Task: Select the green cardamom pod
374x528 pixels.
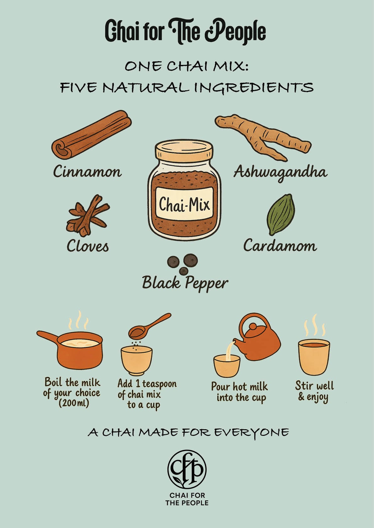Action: tap(281, 214)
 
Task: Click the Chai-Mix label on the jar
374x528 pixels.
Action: tap(184, 203)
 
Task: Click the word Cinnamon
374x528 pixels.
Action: tap(87, 171)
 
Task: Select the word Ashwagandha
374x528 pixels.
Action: tap(280, 172)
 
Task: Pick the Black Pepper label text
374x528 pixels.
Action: tap(185, 283)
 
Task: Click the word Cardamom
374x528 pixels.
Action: tap(280, 246)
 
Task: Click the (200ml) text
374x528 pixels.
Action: tap(74, 403)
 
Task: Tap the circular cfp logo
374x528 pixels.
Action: tap(187, 469)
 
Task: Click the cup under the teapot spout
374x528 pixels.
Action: tap(227, 366)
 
